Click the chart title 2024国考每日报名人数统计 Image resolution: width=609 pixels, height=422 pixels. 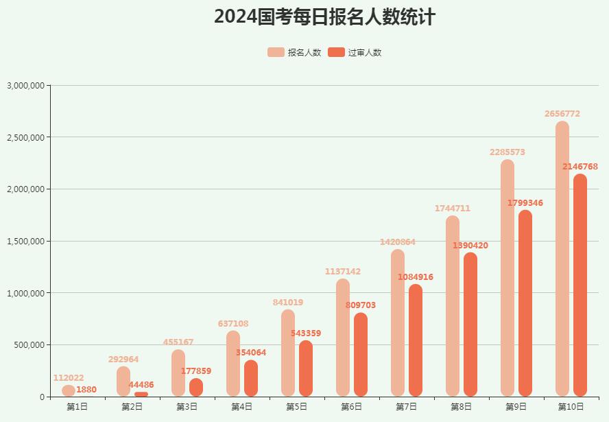pos(324,16)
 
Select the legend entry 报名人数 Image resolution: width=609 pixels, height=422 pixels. pos(294,53)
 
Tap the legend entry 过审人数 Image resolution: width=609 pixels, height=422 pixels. pos(355,53)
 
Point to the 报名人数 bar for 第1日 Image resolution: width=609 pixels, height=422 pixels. pos(69,390)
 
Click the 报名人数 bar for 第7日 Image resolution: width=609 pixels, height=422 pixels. pos(398,323)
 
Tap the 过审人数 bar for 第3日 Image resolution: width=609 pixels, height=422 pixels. pos(196,388)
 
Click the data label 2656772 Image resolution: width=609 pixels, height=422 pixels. pos(562,114)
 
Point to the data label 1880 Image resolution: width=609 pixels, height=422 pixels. pos(86,390)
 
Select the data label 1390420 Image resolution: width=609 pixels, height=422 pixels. pos(470,246)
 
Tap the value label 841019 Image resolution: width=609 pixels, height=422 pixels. pos(288,303)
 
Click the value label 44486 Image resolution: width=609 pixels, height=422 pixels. pos(141,385)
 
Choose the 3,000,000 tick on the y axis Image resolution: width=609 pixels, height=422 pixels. pos(26,86)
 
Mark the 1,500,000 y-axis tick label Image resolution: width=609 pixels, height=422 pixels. pos(26,242)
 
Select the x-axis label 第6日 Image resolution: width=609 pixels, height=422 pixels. pos(352,407)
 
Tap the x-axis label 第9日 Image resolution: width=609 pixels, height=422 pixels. pos(516,407)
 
